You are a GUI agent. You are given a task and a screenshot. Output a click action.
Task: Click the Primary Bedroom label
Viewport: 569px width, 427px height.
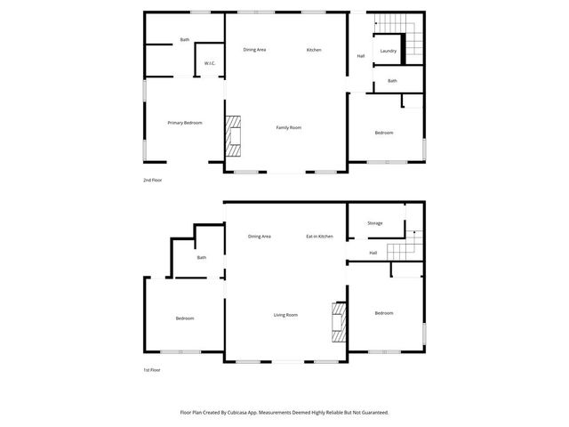[185, 123]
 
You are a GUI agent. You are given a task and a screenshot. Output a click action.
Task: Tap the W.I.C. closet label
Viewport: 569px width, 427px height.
[209, 63]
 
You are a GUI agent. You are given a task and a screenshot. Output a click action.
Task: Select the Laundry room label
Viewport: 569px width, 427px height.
[388, 51]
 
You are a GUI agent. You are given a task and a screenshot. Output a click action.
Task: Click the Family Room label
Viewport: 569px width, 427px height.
[288, 128]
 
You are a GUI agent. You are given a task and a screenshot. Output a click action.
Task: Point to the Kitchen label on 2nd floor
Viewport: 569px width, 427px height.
[314, 50]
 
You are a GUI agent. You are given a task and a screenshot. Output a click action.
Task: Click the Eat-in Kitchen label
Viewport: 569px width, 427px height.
[319, 237]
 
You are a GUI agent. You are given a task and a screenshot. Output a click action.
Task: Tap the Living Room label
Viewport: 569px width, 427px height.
[285, 315]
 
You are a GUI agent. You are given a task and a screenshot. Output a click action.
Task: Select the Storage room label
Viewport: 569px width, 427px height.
[374, 223]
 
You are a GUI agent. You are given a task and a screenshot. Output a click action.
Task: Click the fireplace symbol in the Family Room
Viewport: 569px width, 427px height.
[232, 137]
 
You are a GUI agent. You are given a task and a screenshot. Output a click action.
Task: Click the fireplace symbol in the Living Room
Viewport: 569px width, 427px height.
[338, 322]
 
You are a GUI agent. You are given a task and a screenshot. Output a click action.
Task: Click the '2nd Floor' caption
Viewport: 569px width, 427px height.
[152, 181]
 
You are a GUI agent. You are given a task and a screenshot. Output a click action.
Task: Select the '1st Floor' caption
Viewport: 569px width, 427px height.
[152, 370]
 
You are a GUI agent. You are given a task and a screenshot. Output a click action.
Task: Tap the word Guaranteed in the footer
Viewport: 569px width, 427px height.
[374, 413]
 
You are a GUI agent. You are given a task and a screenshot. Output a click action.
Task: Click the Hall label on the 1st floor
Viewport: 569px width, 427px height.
[373, 254]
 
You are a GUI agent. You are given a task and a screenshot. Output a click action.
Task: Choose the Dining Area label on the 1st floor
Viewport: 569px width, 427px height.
[260, 237]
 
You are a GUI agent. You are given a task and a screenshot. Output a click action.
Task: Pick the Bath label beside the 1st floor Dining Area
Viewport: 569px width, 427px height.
[202, 258]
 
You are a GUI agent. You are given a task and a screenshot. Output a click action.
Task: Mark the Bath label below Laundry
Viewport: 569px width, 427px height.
[392, 81]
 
